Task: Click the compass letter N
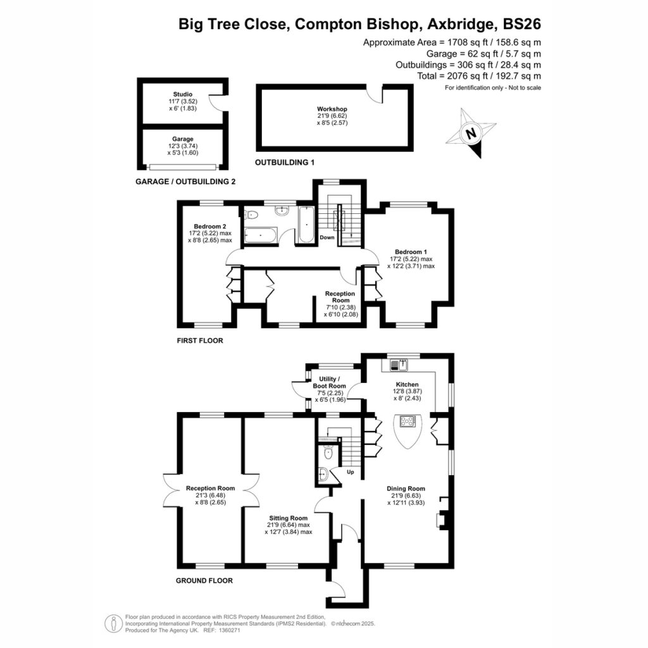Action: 471,134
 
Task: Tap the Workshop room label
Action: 332,109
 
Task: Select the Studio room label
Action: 183,94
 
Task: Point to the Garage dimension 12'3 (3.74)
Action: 183,146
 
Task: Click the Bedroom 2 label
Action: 210,227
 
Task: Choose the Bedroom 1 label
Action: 411,252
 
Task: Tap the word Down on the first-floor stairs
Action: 327,237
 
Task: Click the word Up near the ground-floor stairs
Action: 351,472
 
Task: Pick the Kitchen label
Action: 407,384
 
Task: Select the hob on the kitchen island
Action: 408,421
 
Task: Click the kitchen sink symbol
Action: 399,365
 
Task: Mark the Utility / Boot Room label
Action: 329,382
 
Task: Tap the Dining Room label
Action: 406,489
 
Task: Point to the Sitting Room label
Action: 289,518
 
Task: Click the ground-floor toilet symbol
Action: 328,452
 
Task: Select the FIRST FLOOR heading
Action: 200,340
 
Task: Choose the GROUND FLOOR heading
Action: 204,581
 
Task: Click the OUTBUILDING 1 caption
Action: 285,163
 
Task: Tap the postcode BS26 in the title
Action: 521,24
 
